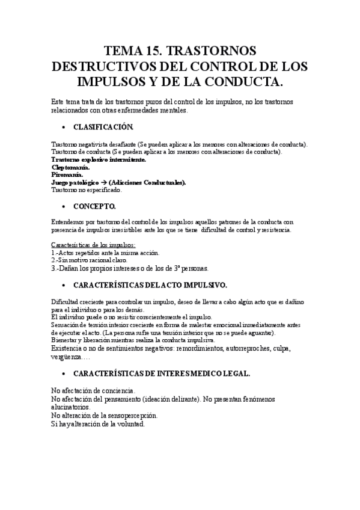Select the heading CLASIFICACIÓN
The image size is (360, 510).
coord(103,127)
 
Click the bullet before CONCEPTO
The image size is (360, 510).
coord(64,206)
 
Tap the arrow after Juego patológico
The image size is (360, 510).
coord(103,182)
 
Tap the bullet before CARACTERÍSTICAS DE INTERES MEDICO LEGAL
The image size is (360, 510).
coord(64,373)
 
